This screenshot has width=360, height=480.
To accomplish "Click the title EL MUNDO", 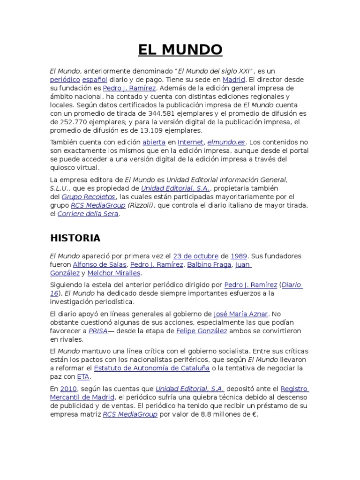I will point(180,49).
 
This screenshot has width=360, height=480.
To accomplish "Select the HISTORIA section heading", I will point(75,238).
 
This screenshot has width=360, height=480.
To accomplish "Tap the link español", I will point(95,80).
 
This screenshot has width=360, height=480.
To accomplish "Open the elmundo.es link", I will point(227,142).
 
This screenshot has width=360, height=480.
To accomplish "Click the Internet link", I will point(191,142).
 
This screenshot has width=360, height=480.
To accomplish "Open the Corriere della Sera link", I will point(88,214).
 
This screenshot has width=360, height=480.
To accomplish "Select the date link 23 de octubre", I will point(195,256).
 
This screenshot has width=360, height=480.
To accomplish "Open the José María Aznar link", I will point(240,314).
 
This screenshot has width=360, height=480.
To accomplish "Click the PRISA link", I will point(98,330).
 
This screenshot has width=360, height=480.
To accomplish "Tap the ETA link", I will point(83,376).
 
